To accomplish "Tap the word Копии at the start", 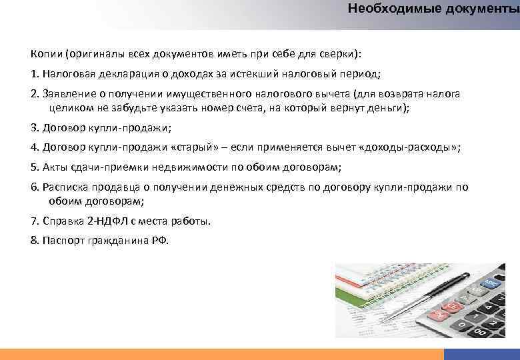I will tap(45, 53).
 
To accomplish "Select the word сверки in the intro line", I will tap(340, 53).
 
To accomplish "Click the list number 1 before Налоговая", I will tap(34, 73).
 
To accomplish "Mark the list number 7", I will tap(34, 221).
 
